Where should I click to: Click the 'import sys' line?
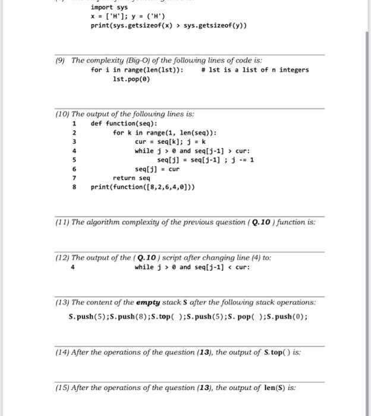click(105, 7)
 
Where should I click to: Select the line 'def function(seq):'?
click(124, 124)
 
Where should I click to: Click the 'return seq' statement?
click(131, 178)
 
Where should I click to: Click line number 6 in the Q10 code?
click(74, 169)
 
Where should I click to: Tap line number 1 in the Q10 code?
click(74, 124)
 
